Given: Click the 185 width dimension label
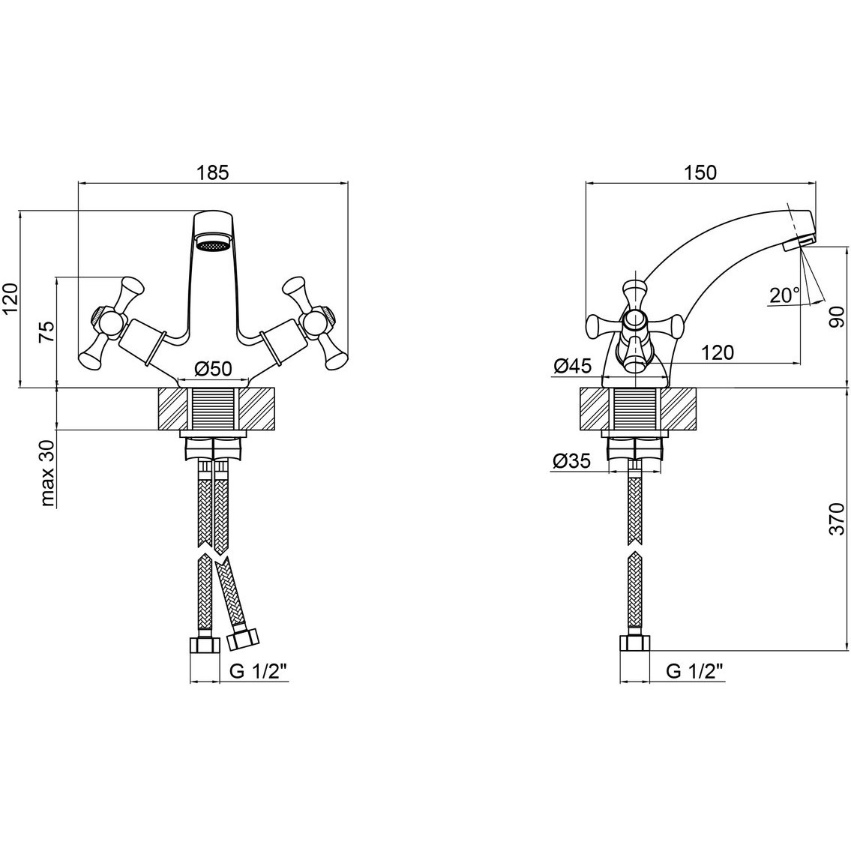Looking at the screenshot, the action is pyautogui.click(x=213, y=172).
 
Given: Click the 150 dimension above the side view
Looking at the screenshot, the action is pyautogui.click(x=700, y=172).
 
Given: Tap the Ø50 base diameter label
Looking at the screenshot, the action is pyautogui.click(x=213, y=369).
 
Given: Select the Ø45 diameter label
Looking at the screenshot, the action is pyautogui.click(x=572, y=367).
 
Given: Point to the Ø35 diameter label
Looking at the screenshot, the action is pyautogui.click(x=572, y=461).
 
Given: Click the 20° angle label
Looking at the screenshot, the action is pyautogui.click(x=785, y=295).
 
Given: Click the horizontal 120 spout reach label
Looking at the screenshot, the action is pyautogui.click(x=717, y=353).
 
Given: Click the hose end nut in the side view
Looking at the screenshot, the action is pyautogui.click(x=634, y=644).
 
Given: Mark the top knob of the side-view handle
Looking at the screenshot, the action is pyautogui.click(x=634, y=294).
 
